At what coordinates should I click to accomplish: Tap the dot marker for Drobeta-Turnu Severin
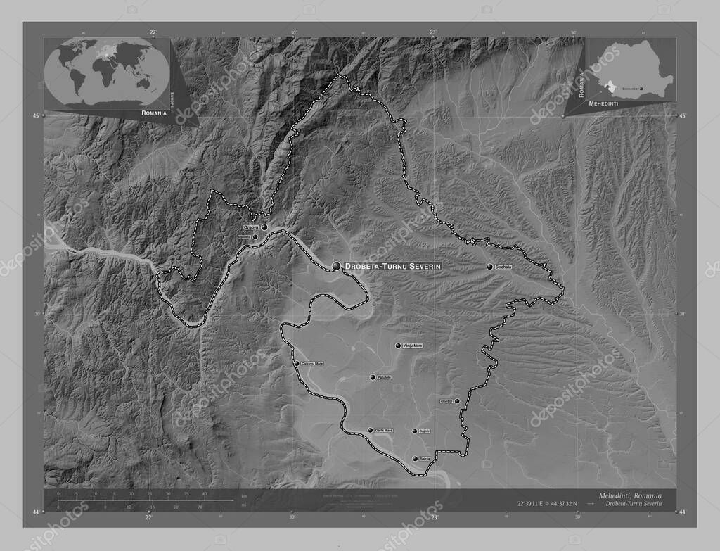pos(337,265)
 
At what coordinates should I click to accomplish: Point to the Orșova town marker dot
pos(264,227)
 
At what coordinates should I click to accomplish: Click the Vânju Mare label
pos(411,346)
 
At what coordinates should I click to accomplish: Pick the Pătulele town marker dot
pos(373,378)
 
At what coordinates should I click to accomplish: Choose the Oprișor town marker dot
pos(457,401)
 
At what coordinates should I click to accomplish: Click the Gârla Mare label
pos(384,430)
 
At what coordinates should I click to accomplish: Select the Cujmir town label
pos(424,431)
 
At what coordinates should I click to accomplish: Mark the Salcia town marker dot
pos(415,459)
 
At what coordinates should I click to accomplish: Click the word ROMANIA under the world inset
pos(153,113)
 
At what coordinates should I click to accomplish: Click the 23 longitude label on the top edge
pos(433,32)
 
